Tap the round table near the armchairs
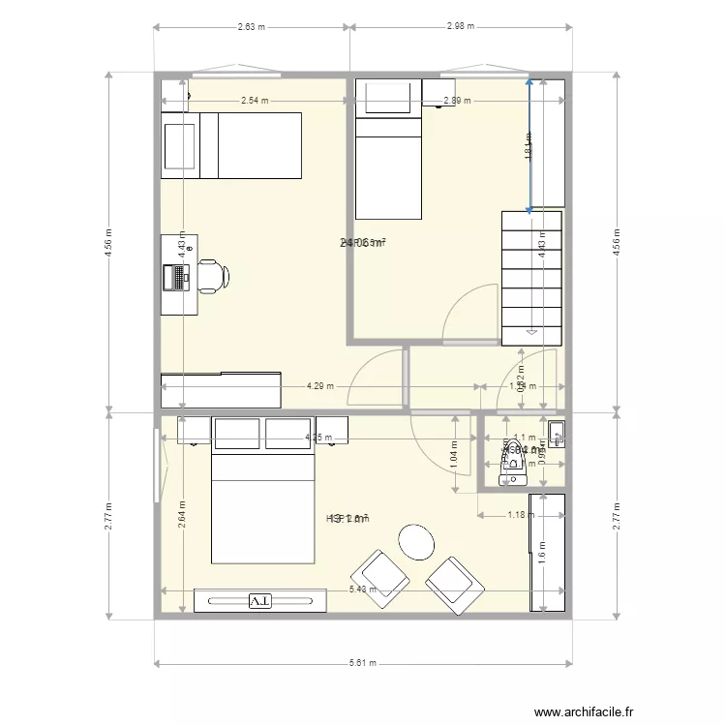click(x=417, y=542)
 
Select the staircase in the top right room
click(x=531, y=277)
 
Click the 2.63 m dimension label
click(x=252, y=27)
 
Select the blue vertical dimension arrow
click(x=529, y=145)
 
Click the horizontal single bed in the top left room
click(x=231, y=145)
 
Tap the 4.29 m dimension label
click(x=319, y=386)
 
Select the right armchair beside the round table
click(x=454, y=584)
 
